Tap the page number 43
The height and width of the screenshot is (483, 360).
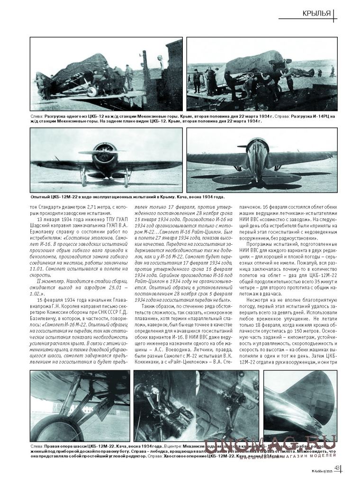[x=336, y=468]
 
